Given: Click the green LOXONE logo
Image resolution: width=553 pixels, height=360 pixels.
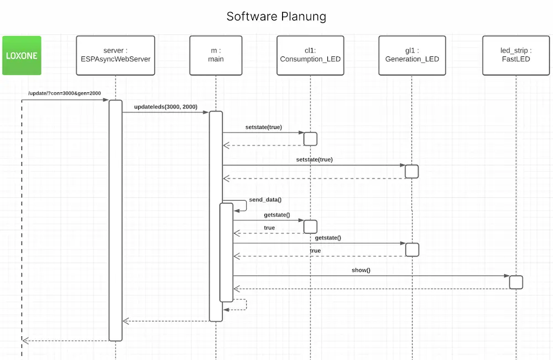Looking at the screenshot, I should [22, 55].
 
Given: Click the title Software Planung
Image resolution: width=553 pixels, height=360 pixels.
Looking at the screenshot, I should [276, 17].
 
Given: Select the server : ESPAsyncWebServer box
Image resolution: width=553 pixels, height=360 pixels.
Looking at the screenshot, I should [115, 55].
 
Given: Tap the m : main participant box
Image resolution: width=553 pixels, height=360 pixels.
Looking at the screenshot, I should [216, 55].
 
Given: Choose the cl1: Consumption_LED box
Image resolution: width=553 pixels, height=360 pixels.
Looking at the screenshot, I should [310, 55].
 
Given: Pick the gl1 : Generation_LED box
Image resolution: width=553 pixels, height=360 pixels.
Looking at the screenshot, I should [412, 55].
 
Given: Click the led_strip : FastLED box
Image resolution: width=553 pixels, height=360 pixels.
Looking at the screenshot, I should [515, 55].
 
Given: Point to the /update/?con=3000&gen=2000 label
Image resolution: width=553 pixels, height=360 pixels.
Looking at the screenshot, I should [64, 93].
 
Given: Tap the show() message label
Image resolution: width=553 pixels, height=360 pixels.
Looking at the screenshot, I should [361, 270].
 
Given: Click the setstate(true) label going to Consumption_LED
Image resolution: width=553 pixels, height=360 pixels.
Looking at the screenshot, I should [263, 127].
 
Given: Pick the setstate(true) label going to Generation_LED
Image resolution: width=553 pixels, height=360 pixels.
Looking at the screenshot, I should [314, 159].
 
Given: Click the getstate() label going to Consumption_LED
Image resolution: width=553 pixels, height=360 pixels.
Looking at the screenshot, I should [276, 215].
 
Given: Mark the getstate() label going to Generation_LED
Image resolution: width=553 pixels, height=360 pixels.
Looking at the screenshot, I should [328, 238].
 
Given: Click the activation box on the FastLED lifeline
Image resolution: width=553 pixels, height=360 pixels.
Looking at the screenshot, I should [515, 282].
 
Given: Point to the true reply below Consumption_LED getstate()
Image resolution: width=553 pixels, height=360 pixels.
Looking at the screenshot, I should [269, 228].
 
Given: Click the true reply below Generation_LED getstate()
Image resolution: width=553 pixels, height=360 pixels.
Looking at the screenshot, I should [315, 251].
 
